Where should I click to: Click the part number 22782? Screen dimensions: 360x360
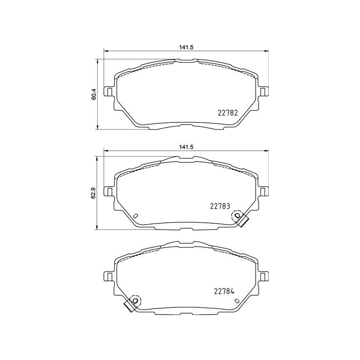pos(227,113)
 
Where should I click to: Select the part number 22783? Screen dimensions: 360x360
pos(220,206)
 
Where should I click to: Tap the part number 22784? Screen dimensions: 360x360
pos(224,291)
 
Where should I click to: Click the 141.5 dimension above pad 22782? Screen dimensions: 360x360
pos(186,47)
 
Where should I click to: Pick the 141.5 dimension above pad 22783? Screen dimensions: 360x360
pos(186,147)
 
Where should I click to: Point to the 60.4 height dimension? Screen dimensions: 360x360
pos(94,94)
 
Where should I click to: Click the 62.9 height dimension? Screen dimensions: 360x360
pos(94,193)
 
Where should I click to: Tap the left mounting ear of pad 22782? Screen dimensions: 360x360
pos(109,92)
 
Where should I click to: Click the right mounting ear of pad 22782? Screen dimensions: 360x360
pos(263,92)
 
